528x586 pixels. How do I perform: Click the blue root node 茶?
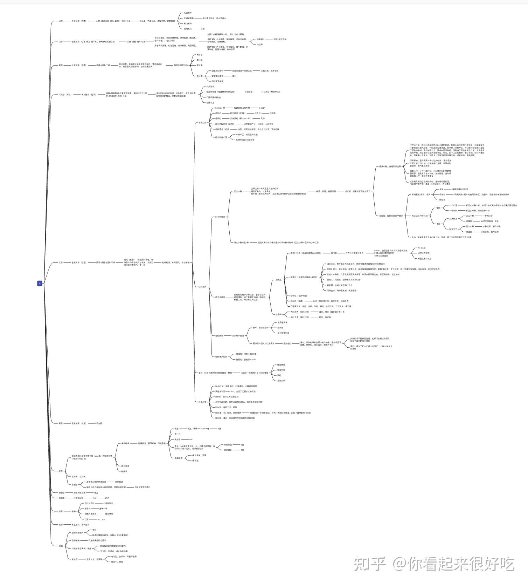click(x=40, y=283)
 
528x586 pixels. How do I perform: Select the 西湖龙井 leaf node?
click(x=188, y=13)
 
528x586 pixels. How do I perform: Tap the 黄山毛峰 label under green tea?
click(x=188, y=23)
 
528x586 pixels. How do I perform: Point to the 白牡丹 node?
click(x=259, y=45)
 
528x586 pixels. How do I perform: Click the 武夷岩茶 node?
click(x=210, y=87)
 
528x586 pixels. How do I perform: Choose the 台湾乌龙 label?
click(x=210, y=103)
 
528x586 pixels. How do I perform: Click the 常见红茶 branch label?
click(x=202, y=123)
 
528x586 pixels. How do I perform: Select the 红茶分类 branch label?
click(x=202, y=287)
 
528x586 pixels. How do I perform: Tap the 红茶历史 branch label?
click(x=202, y=402)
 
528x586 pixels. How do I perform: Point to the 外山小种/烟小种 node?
click(x=241, y=243)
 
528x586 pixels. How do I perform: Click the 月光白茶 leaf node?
click(x=281, y=381)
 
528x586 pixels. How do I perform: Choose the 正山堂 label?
click(x=262, y=108)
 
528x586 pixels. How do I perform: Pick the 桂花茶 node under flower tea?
click(x=125, y=471)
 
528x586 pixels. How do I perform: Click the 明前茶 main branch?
click(x=61, y=493)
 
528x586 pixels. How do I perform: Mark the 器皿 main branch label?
click(x=61, y=546)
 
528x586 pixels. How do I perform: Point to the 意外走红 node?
click(x=287, y=343)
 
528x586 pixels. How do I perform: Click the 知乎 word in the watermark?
click(x=369, y=564)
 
